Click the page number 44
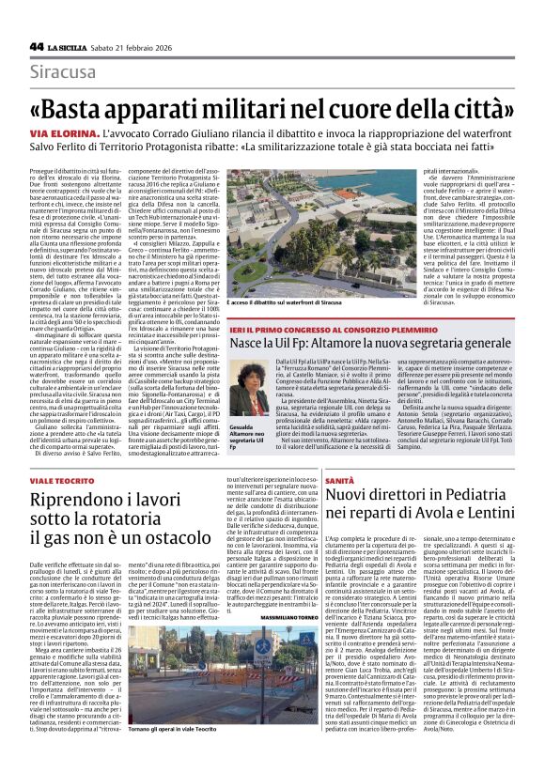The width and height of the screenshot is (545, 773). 37,46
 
